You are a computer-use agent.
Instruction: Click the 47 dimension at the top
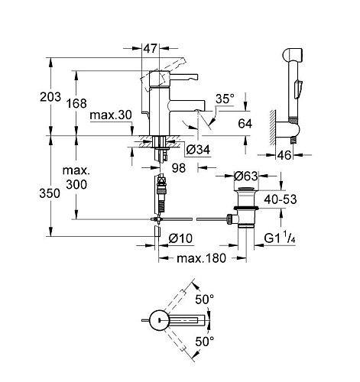(151, 48)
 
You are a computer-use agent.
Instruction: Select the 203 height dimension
(50, 97)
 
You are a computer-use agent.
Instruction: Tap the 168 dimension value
(76, 103)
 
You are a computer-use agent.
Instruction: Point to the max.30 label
(111, 115)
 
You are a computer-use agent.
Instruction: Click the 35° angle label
(225, 99)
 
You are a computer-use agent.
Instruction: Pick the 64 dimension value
(245, 124)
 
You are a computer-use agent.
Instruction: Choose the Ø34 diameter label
(198, 150)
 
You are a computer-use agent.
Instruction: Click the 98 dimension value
(179, 168)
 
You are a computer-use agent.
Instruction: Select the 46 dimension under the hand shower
(284, 155)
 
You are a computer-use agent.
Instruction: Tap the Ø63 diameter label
(246, 176)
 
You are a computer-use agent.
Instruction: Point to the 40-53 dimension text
(281, 199)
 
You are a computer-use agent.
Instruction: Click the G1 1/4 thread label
(280, 238)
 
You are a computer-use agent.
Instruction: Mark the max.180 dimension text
(201, 258)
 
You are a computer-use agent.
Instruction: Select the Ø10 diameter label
(180, 238)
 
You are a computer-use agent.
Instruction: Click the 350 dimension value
(50, 193)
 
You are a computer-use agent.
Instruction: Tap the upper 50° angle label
(205, 299)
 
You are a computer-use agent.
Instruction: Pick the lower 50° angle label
(205, 342)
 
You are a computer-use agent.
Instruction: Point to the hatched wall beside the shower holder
(273, 128)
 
